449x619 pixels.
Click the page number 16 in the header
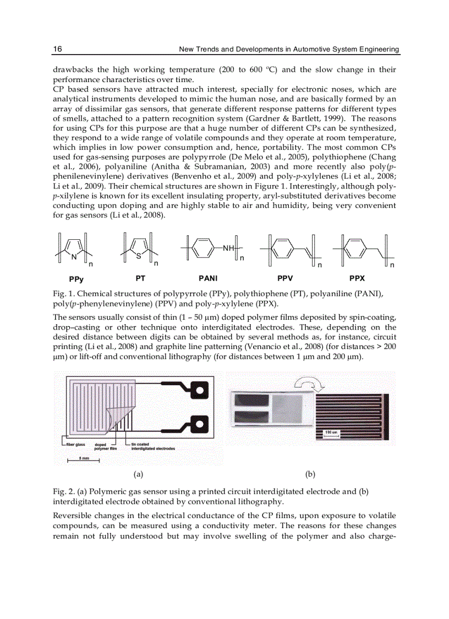[57, 49]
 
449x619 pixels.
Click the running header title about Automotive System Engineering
[289, 49]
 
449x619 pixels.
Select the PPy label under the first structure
[69, 279]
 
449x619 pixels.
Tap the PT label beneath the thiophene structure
[140, 278]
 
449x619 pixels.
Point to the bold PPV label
[285, 278]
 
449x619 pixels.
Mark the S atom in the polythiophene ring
[139, 256]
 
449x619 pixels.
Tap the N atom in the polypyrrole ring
[73, 256]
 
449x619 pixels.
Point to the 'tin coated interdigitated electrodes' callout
[152, 446]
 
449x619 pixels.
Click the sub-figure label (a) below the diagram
[138, 473]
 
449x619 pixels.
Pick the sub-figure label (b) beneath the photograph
[310, 473]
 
